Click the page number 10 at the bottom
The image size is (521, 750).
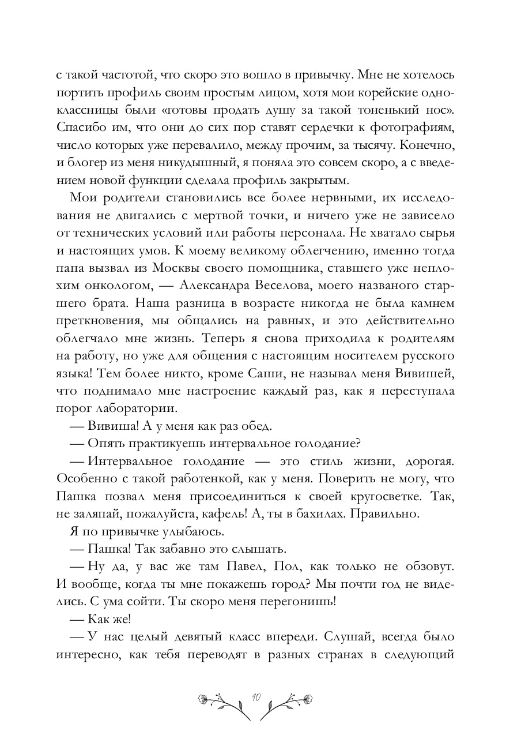(x=256, y=697)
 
